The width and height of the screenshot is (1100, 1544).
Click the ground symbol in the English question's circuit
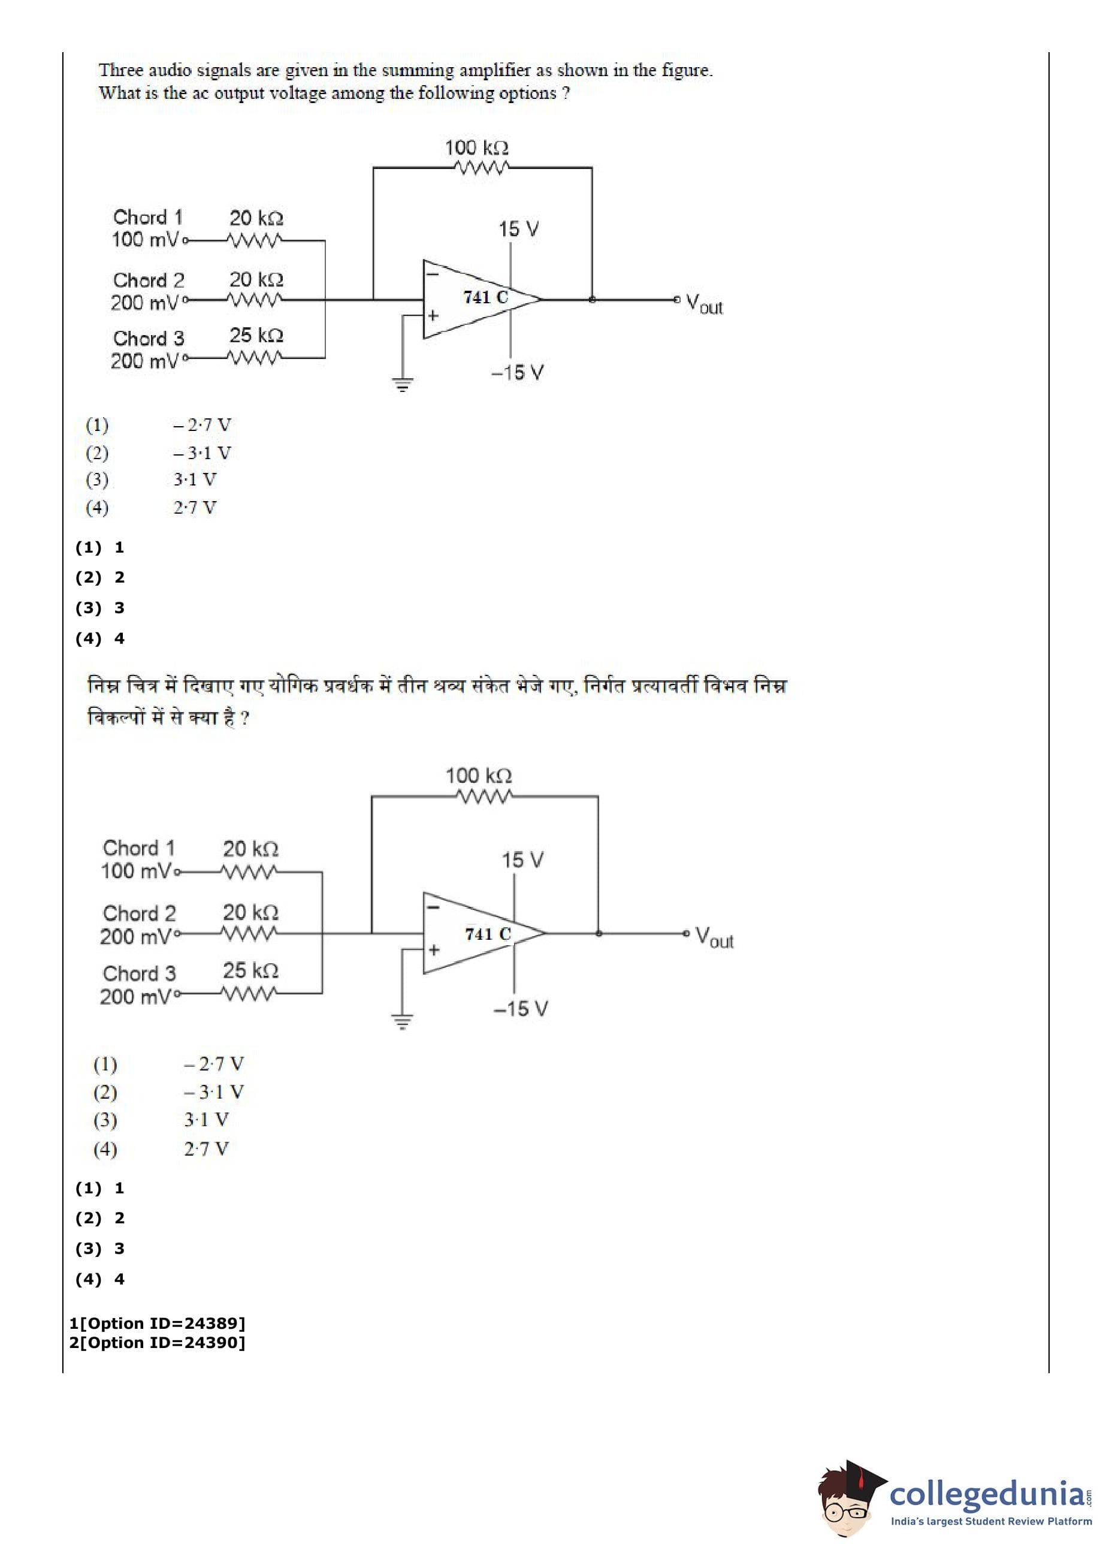pyautogui.click(x=403, y=385)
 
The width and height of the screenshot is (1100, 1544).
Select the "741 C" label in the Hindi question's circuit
pyautogui.click(x=487, y=934)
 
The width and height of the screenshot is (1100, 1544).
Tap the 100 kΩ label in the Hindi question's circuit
pyautogui.click(x=478, y=775)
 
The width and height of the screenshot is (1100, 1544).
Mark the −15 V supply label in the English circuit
pyautogui.click(x=518, y=373)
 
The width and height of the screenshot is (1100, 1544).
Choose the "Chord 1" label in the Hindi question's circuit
pyautogui.click(x=139, y=848)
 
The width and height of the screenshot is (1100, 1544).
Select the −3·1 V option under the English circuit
pyautogui.click(x=202, y=453)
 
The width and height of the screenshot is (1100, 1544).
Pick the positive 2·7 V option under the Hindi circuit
pyautogui.click(x=206, y=1148)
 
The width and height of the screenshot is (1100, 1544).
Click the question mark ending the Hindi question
pyautogui.click(x=244, y=718)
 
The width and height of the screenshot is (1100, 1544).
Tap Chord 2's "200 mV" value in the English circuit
pyautogui.click(x=145, y=303)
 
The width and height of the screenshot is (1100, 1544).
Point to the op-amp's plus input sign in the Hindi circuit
pyautogui.click(x=434, y=951)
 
